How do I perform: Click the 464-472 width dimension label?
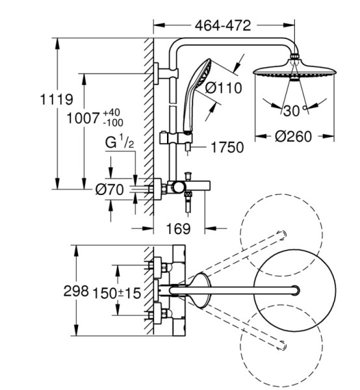coord(223,25)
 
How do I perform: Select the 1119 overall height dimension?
coord(57,99)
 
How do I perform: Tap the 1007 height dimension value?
coord(83,118)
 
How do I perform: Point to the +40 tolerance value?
coord(112,112)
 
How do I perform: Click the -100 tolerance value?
coord(113,122)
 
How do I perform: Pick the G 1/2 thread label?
coord(120,142)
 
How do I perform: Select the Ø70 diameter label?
coord(110,190)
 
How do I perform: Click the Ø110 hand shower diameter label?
coord(224,88)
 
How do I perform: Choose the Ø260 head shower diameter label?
coord(293,136)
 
